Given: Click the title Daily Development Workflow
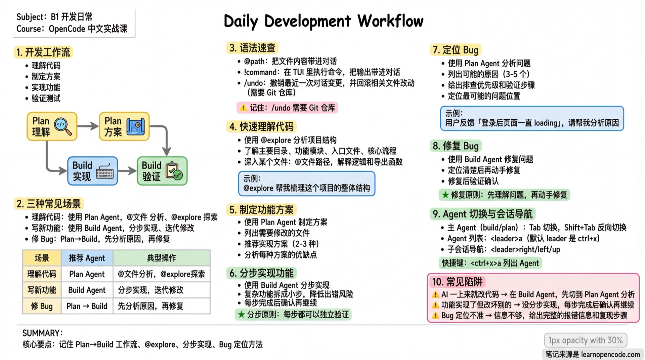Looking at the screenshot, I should click(323, 21).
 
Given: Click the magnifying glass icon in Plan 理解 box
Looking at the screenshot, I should click(63, 126).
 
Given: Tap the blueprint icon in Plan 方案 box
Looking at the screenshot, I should click(135, 126).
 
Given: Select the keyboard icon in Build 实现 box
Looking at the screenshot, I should click(105, 171).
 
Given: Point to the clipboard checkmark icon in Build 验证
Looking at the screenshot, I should click(174, 171).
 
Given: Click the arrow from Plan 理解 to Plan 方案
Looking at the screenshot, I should click(88, 126).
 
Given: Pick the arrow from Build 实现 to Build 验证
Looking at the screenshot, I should click(127, 171).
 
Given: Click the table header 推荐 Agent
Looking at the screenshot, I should click(87, 258).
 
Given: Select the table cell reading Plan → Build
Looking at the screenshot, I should click(87, 306).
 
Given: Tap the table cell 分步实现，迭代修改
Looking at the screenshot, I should click(150, 290).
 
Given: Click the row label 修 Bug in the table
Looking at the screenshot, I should click(42, 306).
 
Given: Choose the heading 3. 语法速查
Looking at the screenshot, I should click(252, 48).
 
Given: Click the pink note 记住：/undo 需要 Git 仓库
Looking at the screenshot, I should click(287, 108).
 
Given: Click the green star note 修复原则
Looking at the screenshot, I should click(504, 195).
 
